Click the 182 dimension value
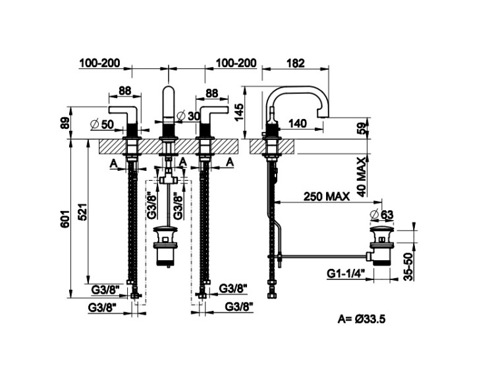(296, 63)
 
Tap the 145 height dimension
(238, 108)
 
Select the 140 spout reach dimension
(298, 123)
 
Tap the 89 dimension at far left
(63, 124)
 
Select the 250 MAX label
(327, 196)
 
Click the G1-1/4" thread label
(346, 273)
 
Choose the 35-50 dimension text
(408, 266)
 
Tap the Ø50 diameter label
(102, 123)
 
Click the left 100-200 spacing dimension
(99, 63)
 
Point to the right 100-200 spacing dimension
(236, 63)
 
